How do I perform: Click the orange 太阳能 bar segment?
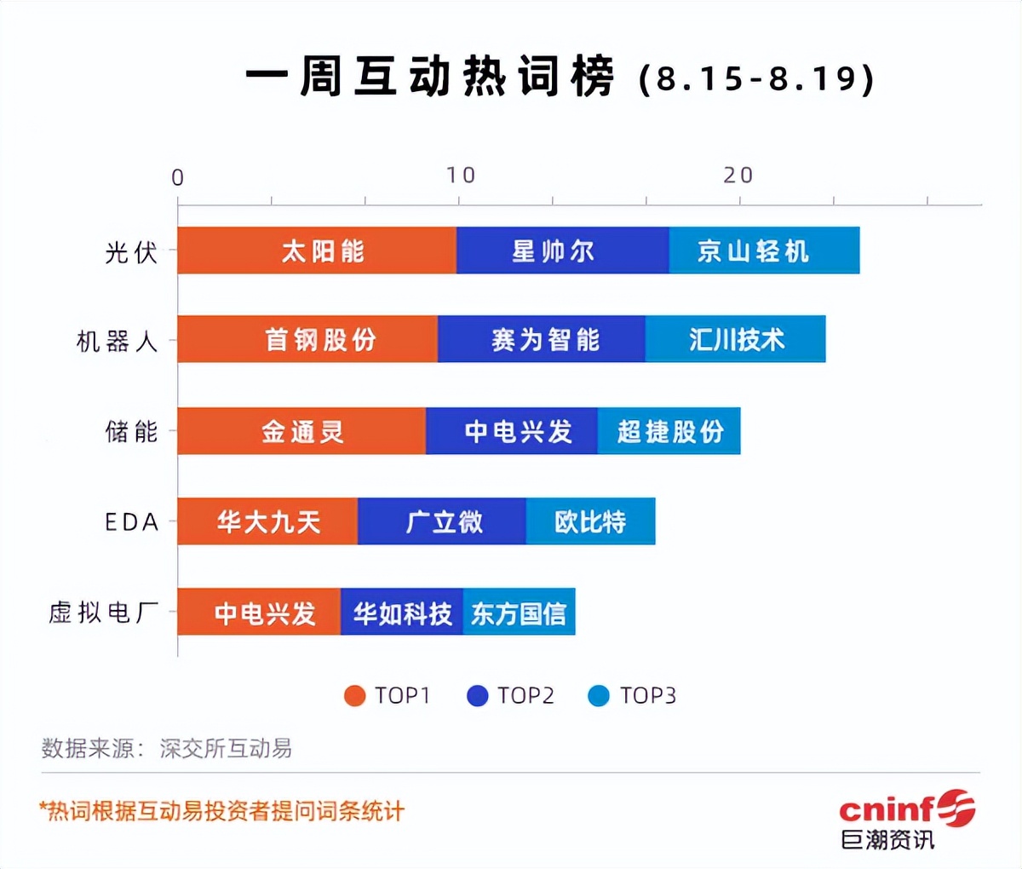point(317,250)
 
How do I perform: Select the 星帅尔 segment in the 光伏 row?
point(562,250)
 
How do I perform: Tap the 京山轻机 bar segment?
point(764,250)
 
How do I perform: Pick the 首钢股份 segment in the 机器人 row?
point(307,339)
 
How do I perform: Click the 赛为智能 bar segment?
point(542,339)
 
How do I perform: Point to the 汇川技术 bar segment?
point(735,339)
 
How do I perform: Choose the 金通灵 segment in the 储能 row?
point(301,431)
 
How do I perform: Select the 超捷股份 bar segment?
point(669,431)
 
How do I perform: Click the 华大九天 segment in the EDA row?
point(267,521)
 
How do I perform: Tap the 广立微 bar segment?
point(442,521)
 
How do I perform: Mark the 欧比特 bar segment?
point(590,521)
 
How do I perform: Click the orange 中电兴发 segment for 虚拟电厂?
point(259,612)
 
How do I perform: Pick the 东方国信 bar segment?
point(519,612)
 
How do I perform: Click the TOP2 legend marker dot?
point(478,696)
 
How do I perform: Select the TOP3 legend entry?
point(632,696)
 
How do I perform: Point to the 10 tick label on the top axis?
point(461,176)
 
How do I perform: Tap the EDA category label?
point(132,521)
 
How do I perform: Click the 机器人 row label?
point(118,341)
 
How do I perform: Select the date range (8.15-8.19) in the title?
point(756,79)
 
